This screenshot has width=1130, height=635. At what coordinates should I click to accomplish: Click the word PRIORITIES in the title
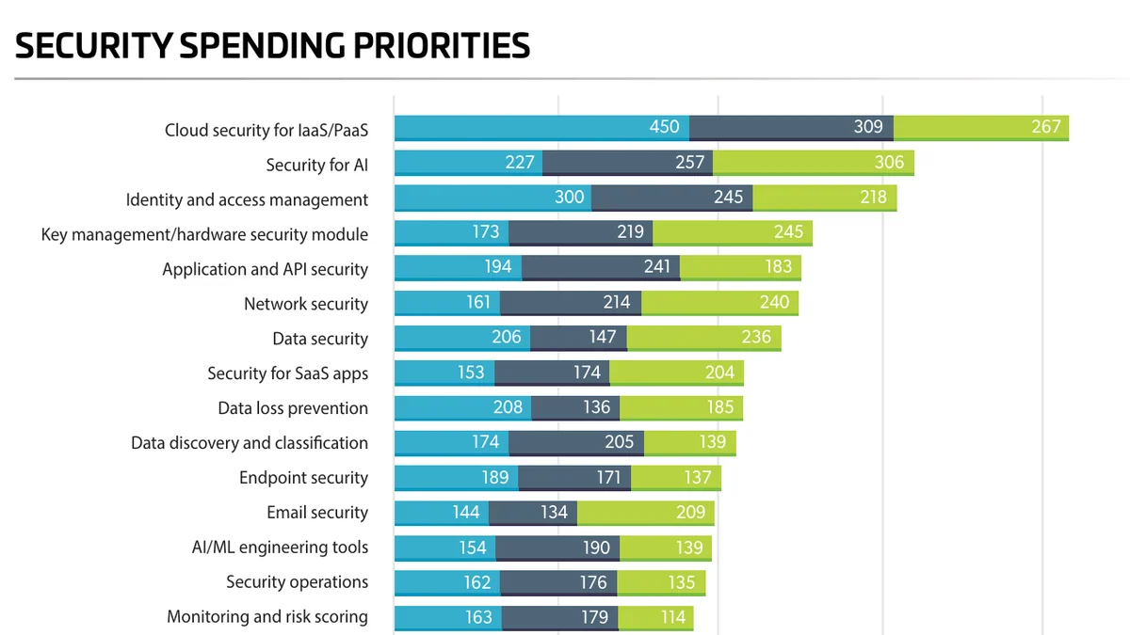click(x=442, y=45)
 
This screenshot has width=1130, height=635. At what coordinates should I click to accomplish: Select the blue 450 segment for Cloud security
click(x=541, y=128)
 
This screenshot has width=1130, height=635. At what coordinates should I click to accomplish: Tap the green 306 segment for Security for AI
click(x=814, y=163)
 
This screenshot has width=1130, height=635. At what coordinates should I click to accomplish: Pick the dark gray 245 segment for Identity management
click(x=672, y=198)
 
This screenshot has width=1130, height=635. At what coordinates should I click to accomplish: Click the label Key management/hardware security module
click(x=204, y=235)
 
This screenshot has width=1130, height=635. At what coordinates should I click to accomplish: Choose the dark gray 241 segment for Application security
click(x=601, y=267)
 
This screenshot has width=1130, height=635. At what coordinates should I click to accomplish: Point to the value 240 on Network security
click(x=774, y=302)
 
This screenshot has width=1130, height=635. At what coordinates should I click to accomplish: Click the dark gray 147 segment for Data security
click(x=578, y=338)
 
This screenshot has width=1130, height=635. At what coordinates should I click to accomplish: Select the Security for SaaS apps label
click(x=287, y=374)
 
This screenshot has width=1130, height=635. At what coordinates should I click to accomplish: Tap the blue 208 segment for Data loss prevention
click(x=462, y=407)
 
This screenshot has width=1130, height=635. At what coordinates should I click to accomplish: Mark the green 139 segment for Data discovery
click(x=689, y=443)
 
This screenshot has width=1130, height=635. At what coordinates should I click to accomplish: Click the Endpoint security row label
click(x=303, y=478)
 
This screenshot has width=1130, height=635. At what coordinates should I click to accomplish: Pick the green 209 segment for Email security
click(x=646, y=513)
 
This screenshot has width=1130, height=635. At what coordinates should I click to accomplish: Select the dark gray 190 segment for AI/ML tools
click(x=557, y=548)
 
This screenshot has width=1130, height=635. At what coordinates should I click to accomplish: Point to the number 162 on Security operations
click(x=476, y=582)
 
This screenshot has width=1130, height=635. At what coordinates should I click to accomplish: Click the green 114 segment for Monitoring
click(x=655, y=618)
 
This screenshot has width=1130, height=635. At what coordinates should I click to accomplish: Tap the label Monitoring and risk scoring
click(x=267, y=617)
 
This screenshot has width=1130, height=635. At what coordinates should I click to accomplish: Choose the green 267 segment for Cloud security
click(x=981, y=128)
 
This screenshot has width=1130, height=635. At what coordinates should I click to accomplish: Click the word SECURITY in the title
click(x=94, y=45)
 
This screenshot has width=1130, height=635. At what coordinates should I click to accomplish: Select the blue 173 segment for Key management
click(x=451, y=233)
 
